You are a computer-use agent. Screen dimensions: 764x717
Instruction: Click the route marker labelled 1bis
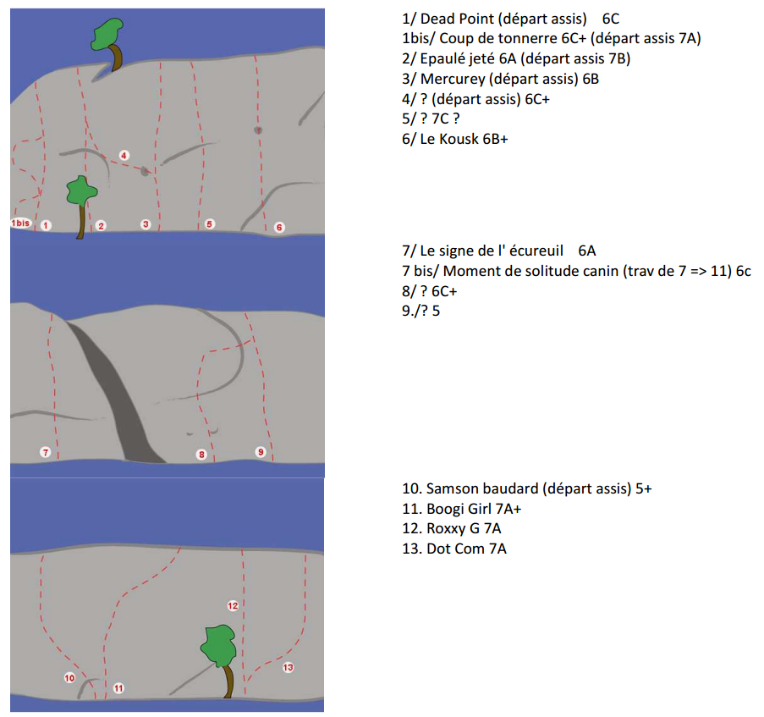click(x=20, y=223)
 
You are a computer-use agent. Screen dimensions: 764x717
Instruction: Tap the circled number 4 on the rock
click(x=124, y=156)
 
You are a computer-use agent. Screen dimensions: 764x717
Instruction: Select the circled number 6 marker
click(x=279, y=227)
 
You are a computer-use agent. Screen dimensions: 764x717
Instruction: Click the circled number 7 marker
click(x=46, y=452)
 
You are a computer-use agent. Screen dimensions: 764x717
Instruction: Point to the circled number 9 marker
click(x=261, y=452)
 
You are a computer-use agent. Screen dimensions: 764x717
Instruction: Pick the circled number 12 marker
click(x=233, y=606)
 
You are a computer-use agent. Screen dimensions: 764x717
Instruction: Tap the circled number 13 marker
click(x=288, y=667)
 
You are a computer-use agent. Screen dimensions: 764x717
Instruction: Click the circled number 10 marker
click(x=69, y=678)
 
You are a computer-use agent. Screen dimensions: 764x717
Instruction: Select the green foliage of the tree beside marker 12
click(x=219, y=646)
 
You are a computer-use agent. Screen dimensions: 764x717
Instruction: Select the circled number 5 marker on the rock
click(x=210, y=224)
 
